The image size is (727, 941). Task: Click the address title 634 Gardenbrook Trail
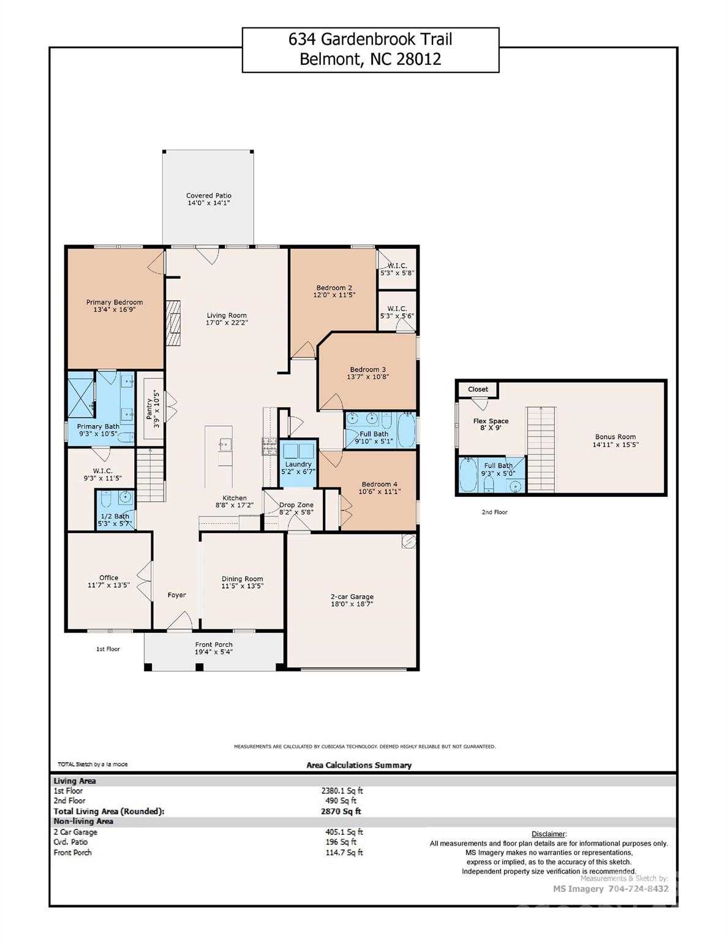tap(370, 40)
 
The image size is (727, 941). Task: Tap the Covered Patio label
tap(209, 196)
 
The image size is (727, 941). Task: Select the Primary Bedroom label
tap(115, 302)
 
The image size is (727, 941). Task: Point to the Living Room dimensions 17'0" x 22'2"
tap(227, 323)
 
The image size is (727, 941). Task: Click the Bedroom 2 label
tap(334, 288)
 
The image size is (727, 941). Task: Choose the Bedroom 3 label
tap(367, 369)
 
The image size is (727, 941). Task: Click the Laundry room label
tap(298, 464)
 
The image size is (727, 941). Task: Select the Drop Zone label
tap(296, 505)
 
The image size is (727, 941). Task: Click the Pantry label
tap(149, 409)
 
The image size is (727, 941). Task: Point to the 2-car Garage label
tap(352, 597)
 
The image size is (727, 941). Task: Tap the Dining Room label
tap(242, 579)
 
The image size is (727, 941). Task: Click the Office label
tap(108, 578)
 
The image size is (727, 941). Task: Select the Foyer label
tap(176, 595)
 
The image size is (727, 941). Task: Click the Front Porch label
tap(214, 644)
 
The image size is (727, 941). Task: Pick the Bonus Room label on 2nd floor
tap(615, 437)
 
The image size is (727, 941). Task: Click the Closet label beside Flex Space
tap(478, 389)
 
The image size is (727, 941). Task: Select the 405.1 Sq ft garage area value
tap(344, 832)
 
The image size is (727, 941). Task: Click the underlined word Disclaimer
tap(548, 834)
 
